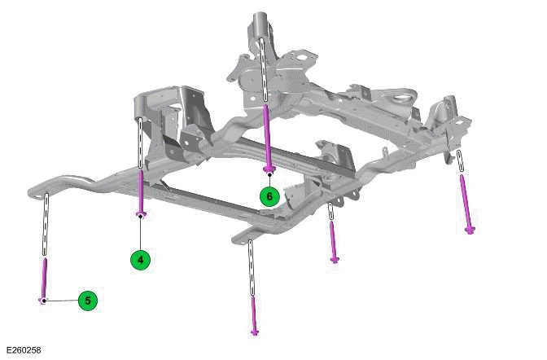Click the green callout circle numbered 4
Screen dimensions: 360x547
click(x=141, y=260)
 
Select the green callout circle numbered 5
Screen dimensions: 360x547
click(x=88, y=301)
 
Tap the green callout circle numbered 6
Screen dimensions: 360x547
click(x=269, y=196)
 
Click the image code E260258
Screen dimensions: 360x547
click(x=22, y=350)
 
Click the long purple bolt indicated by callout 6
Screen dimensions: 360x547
click(x=268, y=135)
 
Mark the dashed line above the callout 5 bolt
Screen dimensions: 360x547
click(x=46, y=225)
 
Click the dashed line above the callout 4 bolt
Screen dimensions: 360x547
click(x=141, y=143)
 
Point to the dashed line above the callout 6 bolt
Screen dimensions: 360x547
click(x=265, y=69)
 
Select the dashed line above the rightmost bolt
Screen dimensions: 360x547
click(x=461, y=162)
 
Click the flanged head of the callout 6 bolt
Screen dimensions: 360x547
click(x=269, y=169)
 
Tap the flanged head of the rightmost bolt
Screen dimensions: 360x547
click(x=470, y=230)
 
